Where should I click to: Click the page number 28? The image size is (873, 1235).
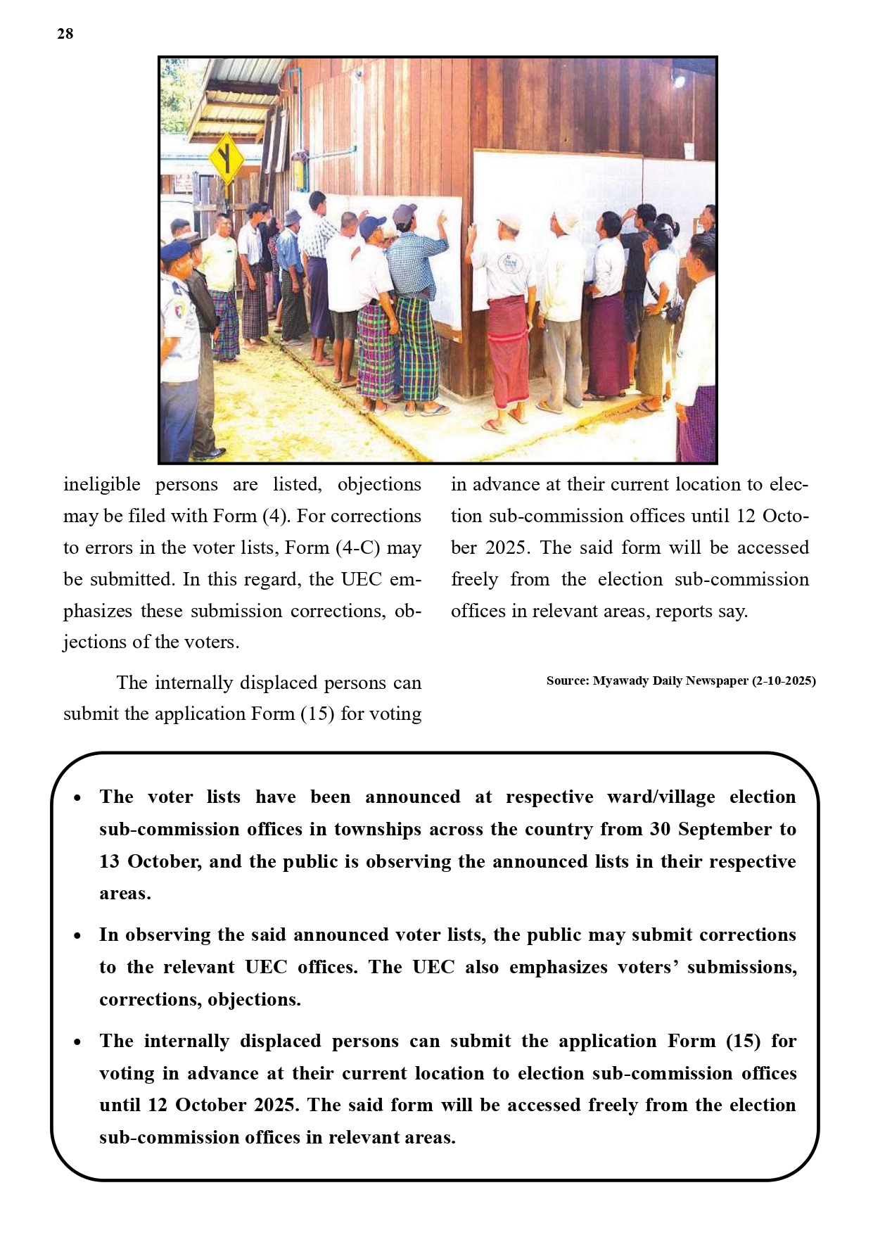click(65, 34)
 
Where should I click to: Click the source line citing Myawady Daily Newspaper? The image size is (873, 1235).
click(680, 680)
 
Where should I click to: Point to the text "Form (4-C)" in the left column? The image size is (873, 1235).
click(311, 547)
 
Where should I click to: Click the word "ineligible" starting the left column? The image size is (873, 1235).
click(102, 484)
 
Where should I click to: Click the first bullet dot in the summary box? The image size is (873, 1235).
click(77, 798)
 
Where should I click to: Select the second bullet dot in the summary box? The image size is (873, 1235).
click(77, 936)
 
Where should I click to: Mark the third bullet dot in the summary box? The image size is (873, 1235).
click(77, 1042)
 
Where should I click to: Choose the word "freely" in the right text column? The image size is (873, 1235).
click(474, 579)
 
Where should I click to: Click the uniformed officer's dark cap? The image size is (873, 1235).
click(174, 251)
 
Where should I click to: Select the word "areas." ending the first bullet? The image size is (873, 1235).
click(125, 894)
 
